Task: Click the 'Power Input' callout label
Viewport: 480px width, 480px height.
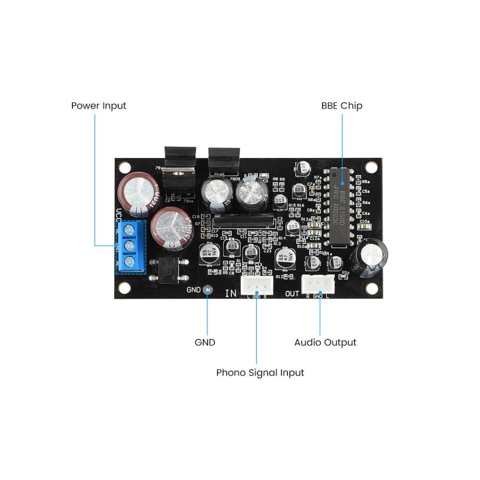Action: point(98,106)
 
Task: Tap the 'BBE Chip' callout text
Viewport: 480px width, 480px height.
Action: point(342,106)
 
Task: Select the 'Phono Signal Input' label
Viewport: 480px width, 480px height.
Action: point(260,372)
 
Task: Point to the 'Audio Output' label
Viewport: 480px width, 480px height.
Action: point(325,343)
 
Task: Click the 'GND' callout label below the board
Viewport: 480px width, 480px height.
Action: point(205,343)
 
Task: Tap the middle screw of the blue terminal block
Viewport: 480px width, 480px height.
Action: point(129,246)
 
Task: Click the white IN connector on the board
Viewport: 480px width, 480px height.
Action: point(256,287)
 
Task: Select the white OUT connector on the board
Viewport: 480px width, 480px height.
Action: point(318,287)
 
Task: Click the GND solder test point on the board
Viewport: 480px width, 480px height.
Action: point(207,289)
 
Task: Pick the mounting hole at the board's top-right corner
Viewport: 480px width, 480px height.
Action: point(371,167)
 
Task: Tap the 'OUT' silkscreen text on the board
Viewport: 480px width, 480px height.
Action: point(292,293)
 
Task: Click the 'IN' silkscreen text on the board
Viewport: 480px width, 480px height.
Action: point(231,293)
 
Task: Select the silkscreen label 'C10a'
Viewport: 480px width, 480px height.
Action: point(364,221)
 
